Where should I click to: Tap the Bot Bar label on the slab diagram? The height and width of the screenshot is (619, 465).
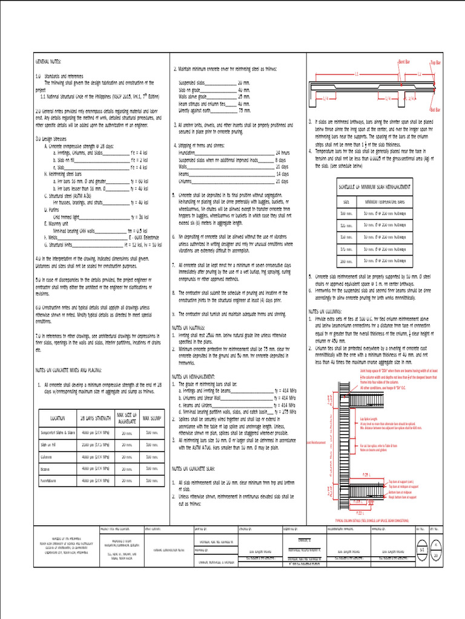pyautogui.click(x=435, y=110)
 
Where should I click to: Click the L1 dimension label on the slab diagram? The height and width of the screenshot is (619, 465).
pyautogui.click(x=356, y=73)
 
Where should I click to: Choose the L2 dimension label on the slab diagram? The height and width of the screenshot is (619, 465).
pyautogui.click(x=418, y=73)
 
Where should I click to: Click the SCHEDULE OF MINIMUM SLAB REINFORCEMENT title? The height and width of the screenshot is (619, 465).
pyautogui.click(x=375, y=188)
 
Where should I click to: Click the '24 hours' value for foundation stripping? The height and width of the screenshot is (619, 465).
pyautogui.click(x=283, y=153)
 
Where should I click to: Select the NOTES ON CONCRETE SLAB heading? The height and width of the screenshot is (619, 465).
pyautogui.click(x=199, y=468)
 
